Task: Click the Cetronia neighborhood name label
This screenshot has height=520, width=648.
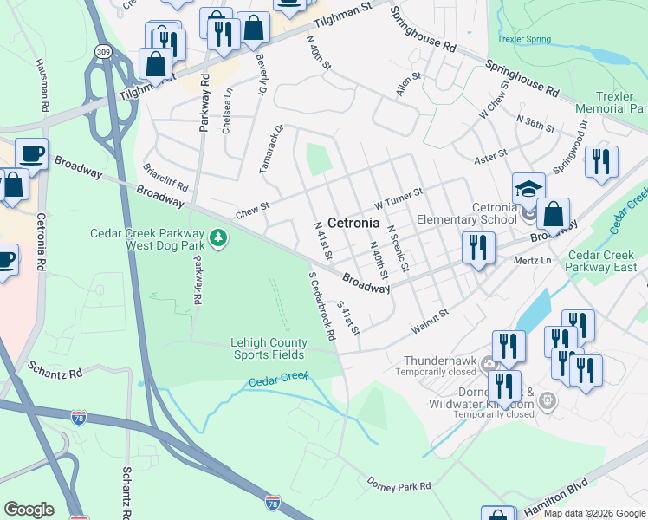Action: pos(353,223)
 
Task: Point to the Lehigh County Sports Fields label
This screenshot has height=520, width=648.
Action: pos(267,348)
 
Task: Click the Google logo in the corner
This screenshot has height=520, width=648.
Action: pos(29,509)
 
